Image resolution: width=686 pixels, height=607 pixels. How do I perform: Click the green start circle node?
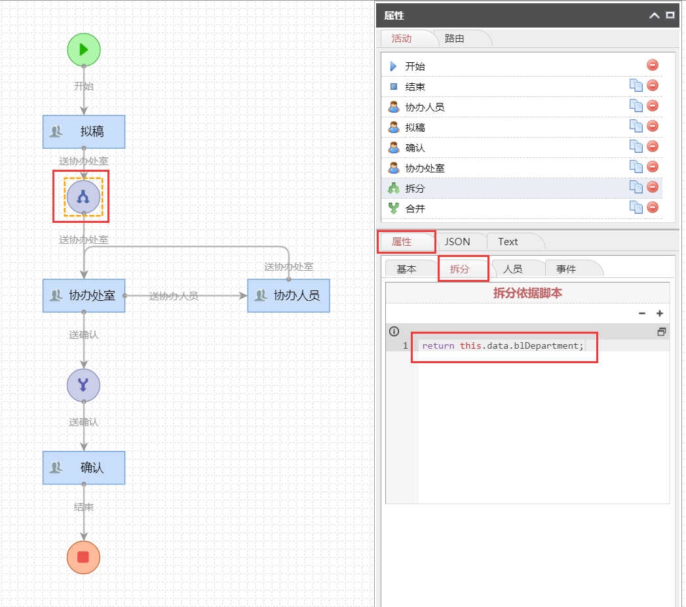point(84,50)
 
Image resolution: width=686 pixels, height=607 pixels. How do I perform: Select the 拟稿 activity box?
point(84,132)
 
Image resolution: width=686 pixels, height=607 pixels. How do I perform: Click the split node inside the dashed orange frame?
point(84,197)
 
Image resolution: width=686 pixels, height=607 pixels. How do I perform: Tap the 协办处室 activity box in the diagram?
point(84,296)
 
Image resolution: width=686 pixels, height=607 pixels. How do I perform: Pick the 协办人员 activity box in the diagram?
point(289,296)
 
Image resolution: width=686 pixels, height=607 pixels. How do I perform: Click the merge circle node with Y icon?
point(84,385)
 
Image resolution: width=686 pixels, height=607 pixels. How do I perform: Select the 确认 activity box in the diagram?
point(84,468)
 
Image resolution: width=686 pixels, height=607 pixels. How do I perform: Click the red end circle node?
point(84,557)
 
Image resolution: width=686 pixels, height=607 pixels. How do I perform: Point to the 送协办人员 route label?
point(174,296)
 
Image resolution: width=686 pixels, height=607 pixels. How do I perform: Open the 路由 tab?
point(455,39)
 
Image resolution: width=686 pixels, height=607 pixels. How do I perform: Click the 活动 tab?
point(402,39)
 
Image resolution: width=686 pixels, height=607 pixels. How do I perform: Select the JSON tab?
point(457,242)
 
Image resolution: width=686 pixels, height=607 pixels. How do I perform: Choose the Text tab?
point(508,242)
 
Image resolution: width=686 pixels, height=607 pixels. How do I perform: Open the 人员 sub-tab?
point(513,269)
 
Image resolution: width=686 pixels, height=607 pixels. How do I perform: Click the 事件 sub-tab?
point(566,269)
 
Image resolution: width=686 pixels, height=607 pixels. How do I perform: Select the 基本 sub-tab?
point(406,269)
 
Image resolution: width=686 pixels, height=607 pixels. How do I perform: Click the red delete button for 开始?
point(653,65)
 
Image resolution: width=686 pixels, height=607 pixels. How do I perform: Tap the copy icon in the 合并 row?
point(636,207)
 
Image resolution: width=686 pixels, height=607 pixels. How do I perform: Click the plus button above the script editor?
point(660,313)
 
